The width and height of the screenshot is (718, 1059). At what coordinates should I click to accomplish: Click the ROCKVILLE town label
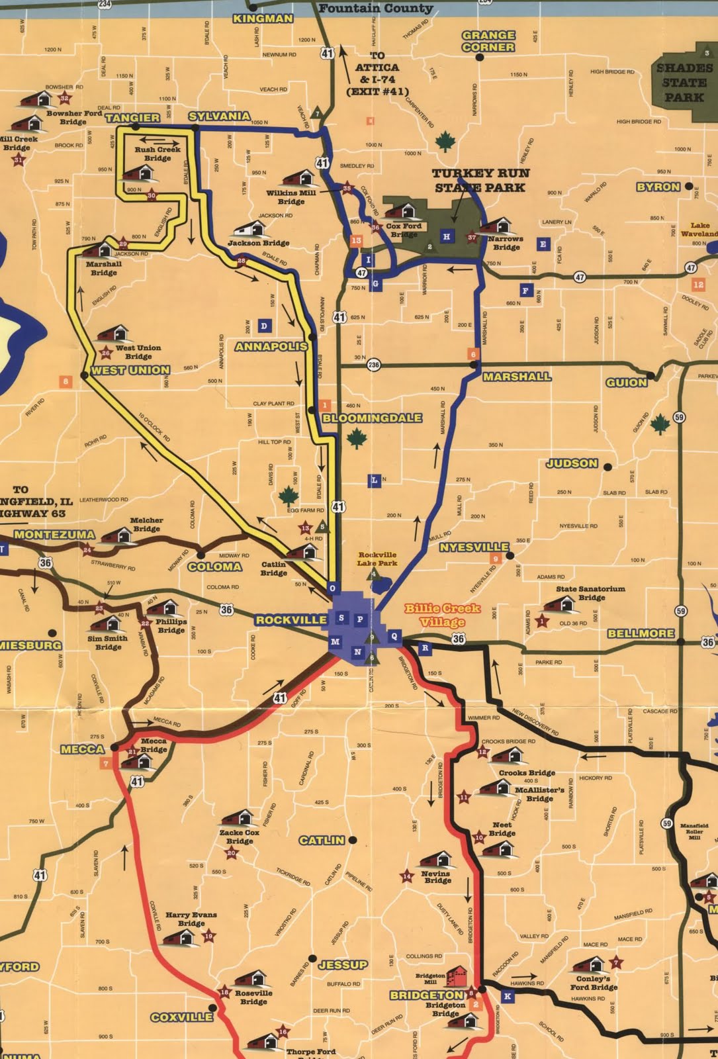point(291,620)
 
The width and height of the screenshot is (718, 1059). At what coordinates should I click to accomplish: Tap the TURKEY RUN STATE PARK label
point(480,181)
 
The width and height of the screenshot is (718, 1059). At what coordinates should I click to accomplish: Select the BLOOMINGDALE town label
point(372,418)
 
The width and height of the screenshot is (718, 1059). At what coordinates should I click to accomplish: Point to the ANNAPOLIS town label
point(271,346)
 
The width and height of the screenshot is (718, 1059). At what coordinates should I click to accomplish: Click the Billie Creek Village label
point(443,615)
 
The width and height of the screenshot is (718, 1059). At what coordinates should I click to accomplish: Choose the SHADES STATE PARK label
point(684,83)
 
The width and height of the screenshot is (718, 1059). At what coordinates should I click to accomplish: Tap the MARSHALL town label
point(517,377)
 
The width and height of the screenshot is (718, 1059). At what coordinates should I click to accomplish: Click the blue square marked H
point(447,236)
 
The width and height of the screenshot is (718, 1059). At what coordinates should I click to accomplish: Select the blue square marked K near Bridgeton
point(508,996)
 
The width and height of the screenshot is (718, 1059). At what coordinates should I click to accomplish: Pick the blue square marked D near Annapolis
point(264,326)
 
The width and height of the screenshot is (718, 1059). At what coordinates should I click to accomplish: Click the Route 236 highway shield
point(374,365)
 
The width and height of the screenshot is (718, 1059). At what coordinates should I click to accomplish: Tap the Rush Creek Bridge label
point(157,154)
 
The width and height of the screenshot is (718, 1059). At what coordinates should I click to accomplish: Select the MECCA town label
point(83,749)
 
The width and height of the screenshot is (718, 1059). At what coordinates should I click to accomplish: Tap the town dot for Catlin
point(353,840)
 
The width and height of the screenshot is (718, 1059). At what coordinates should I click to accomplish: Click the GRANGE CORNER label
point(488,41)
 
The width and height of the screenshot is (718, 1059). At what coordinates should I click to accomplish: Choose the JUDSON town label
point(572,463)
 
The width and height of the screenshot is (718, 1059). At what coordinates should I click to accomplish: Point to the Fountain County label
point(375,8)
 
